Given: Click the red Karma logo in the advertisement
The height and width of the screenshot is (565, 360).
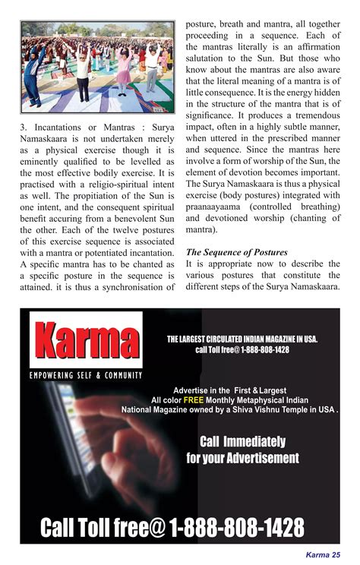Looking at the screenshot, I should (x=86, y=340).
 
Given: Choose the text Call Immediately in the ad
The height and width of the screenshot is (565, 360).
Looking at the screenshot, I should (x=242, y=441).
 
